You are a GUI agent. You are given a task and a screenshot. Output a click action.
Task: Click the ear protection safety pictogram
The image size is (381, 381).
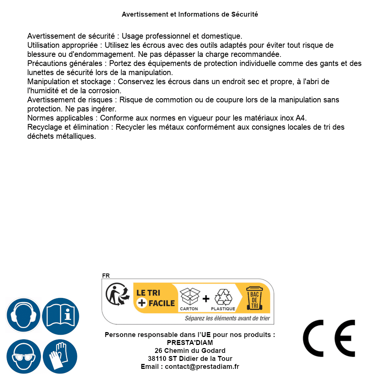pos(23,315)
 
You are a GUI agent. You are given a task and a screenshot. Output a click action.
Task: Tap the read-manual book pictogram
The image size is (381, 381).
pos(60,315)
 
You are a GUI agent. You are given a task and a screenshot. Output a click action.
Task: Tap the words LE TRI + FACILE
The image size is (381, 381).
pos(156,298)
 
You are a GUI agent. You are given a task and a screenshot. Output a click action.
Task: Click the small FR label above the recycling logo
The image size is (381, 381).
pos(106,276)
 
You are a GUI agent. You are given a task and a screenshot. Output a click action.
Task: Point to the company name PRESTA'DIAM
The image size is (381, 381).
pos(190,343)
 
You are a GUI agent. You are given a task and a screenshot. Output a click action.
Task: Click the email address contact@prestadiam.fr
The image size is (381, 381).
pos(202,367)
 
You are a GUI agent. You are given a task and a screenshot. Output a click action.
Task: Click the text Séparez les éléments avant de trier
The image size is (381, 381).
pos(227,318)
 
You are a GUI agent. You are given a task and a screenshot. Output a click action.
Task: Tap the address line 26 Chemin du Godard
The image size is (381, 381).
pos(190,351)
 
